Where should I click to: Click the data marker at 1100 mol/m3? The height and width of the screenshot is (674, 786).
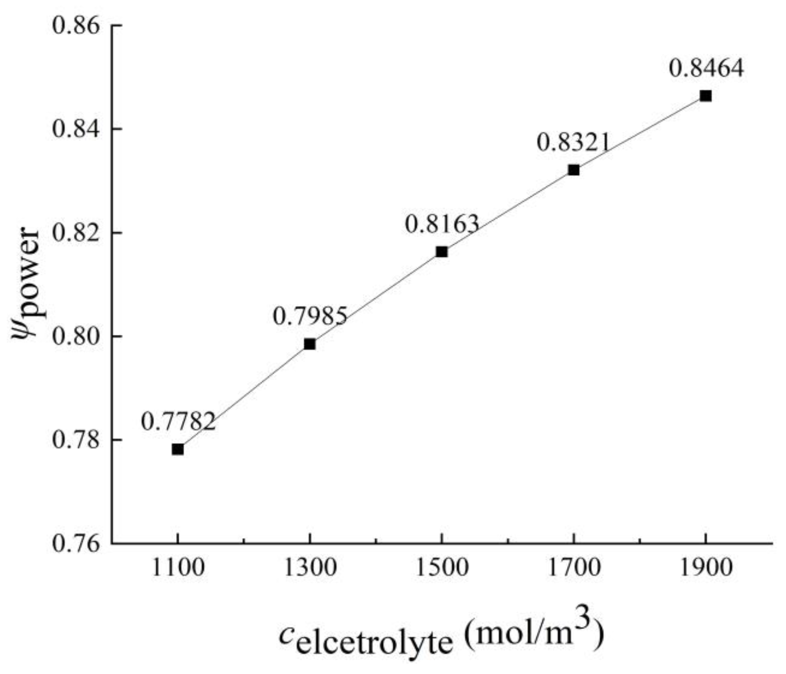coord(178,449)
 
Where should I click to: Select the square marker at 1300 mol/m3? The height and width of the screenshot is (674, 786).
coord(309,344)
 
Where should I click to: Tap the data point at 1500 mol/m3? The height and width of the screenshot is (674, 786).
coord(441,252)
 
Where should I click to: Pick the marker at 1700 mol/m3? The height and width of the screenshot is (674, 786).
coord(573,170)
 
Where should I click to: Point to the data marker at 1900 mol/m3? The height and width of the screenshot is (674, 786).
coord(706,96)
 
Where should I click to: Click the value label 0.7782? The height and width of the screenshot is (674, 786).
coord(178,422)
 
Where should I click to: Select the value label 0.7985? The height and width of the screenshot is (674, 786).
coord(310,317)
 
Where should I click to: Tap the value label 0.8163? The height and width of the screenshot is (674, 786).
coord(442,224)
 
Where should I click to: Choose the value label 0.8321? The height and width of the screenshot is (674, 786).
coord(574,142)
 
